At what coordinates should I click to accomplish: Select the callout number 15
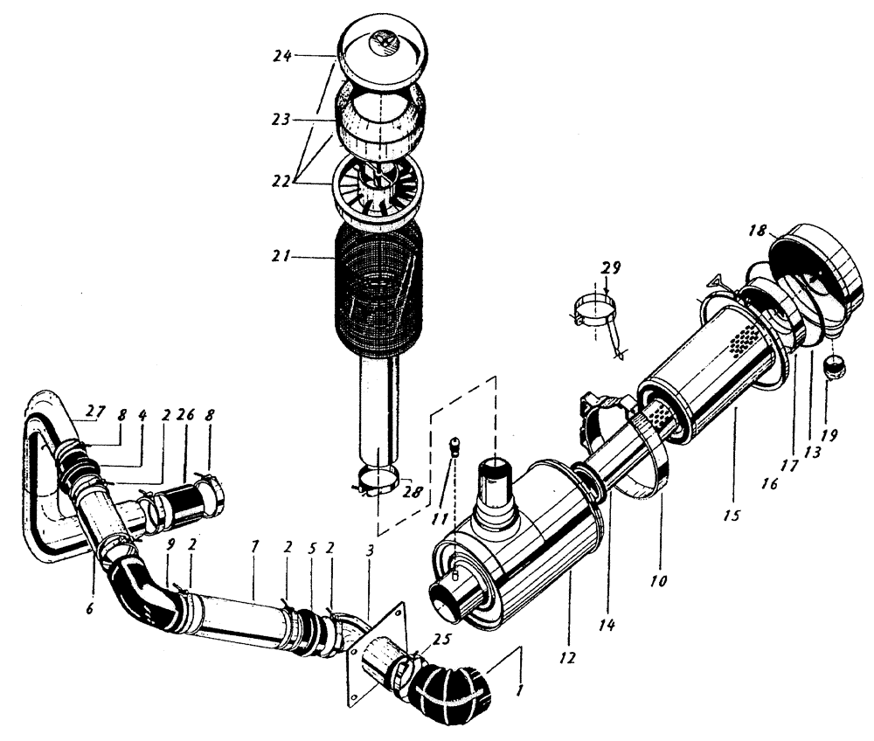(732, 516)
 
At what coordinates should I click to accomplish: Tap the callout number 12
(570, 656)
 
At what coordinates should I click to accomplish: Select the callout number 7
(254, 568)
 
